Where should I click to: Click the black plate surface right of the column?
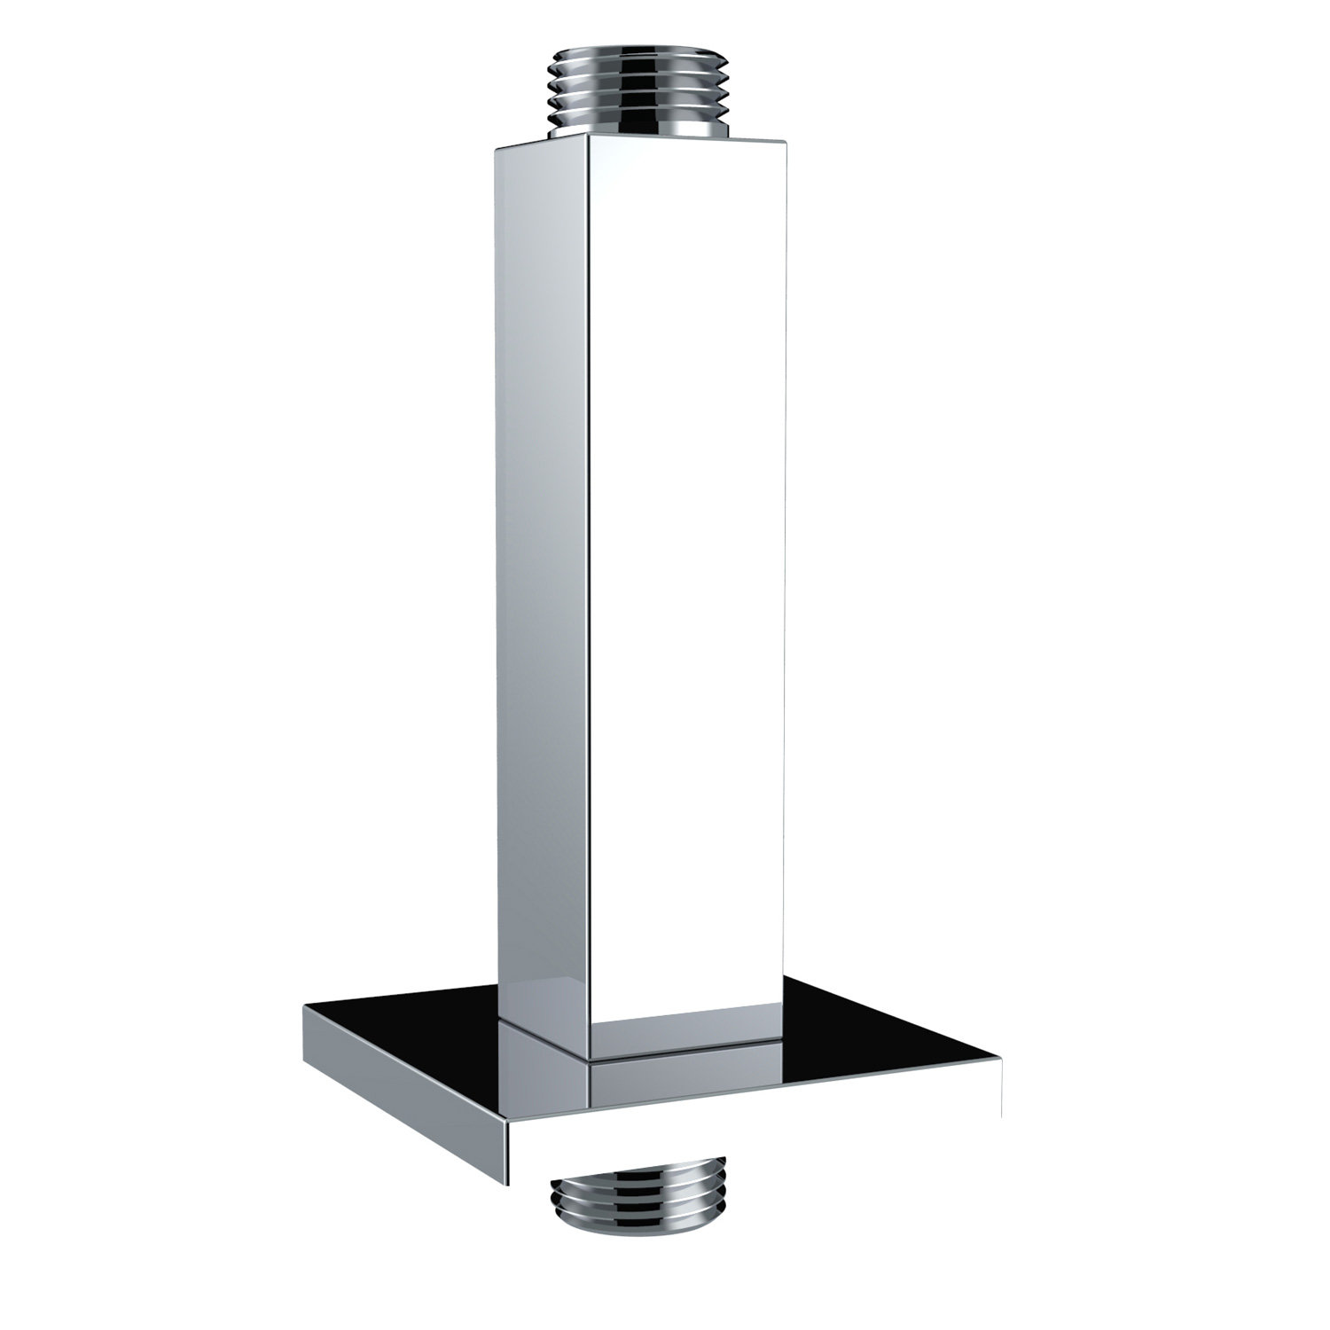pos(878,1037)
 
